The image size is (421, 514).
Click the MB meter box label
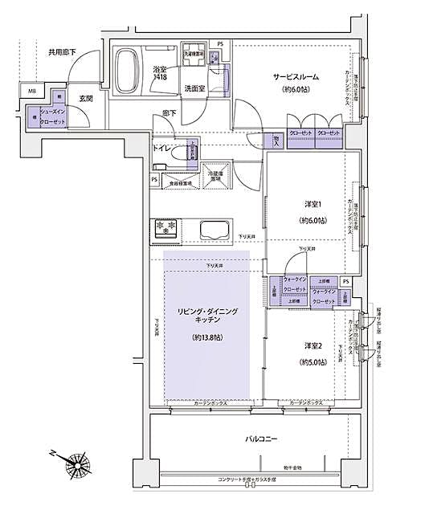click(x=33, y=92)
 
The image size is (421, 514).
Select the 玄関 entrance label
click(x=86, y=100)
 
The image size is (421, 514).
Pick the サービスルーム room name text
click(x=296, y=76)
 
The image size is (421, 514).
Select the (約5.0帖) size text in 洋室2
click(x=313, y=362)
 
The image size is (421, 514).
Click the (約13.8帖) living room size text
click(x=206, y=338)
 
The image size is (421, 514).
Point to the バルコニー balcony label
click(x=263, y=441)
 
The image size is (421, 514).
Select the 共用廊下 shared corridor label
click(x=62, y=52)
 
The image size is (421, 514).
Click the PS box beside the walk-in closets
click(x=345, y=283)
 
